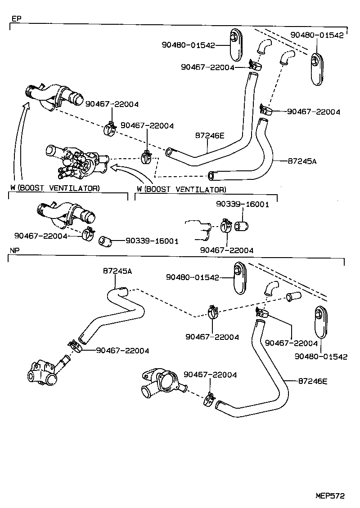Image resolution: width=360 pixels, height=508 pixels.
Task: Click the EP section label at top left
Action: [x=16, y=19]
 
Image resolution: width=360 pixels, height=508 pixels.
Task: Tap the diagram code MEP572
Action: [x=329, y=496]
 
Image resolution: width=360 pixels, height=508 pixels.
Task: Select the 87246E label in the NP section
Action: [x=312, y=381]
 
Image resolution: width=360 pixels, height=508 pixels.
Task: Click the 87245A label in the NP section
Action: [x=117, y=271]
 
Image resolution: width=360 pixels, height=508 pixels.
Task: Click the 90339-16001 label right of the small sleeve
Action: [x=152, y=241]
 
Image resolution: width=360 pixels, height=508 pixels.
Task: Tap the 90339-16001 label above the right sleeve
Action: [x=242, y=204]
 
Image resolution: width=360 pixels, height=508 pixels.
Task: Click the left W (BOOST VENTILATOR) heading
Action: [x=55, y=187]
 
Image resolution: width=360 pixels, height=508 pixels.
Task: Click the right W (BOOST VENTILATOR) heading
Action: [x=181, y=189]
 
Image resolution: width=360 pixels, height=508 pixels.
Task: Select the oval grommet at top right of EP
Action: [x=317, y=69]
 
